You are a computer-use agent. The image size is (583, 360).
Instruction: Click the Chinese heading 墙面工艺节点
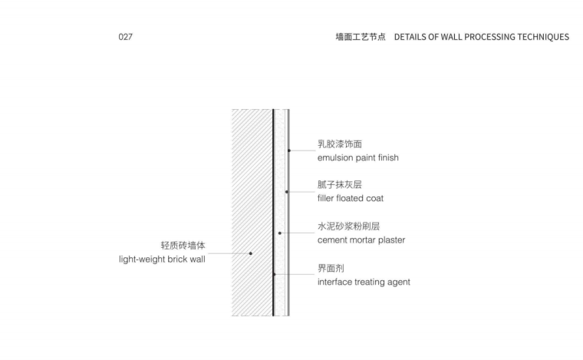coord(361,37)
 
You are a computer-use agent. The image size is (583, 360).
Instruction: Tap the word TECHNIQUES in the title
coord(539,37)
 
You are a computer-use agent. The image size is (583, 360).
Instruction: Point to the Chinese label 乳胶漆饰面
coord(340,144)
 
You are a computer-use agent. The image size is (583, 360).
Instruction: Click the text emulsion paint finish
coord(358,158)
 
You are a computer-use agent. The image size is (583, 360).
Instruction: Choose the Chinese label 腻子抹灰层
coord(340,184)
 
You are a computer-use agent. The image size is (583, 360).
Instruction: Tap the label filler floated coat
coord(351,199)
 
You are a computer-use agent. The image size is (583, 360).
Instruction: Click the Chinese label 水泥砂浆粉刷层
coord(349,226)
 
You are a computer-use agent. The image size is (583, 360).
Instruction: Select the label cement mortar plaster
coord(361,240)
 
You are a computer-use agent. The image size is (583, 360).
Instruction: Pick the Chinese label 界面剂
coord(331,267)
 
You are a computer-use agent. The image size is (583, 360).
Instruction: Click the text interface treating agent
coord(364,282)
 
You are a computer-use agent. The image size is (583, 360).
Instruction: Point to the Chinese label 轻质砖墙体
coord(183,246)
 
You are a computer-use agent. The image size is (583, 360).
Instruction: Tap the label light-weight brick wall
coord(157,260)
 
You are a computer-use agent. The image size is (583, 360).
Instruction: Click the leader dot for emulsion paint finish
coord(289,150)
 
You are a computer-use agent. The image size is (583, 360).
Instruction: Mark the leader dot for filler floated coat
coord(286,192)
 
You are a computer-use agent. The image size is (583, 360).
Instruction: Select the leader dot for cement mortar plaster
coord(280,233)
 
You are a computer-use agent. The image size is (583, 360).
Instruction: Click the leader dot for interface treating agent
coord(274,274)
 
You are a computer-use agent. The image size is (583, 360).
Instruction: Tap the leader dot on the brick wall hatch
coord(251,253)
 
